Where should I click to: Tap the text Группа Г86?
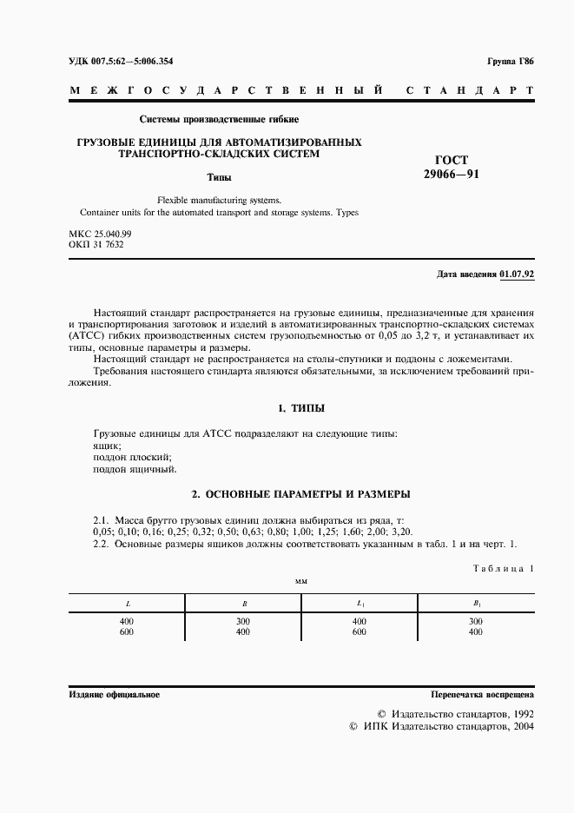(x=511, y=63)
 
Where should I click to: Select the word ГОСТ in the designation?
(x=451, y=160)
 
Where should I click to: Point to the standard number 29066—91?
(x=451, y=174)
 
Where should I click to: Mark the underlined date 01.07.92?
(x=518, y=274)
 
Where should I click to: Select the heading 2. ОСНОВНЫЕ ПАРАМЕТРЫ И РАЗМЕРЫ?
(x=300, y=494)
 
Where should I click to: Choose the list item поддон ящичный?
(x=134, y=469)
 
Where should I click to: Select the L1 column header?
(x=360, y=602)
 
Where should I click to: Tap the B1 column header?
(x=476, y=602)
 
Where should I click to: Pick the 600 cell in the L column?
(x=127, y=632)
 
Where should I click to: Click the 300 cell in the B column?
(x=243, y=622)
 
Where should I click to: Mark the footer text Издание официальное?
(x=114, y=696)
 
